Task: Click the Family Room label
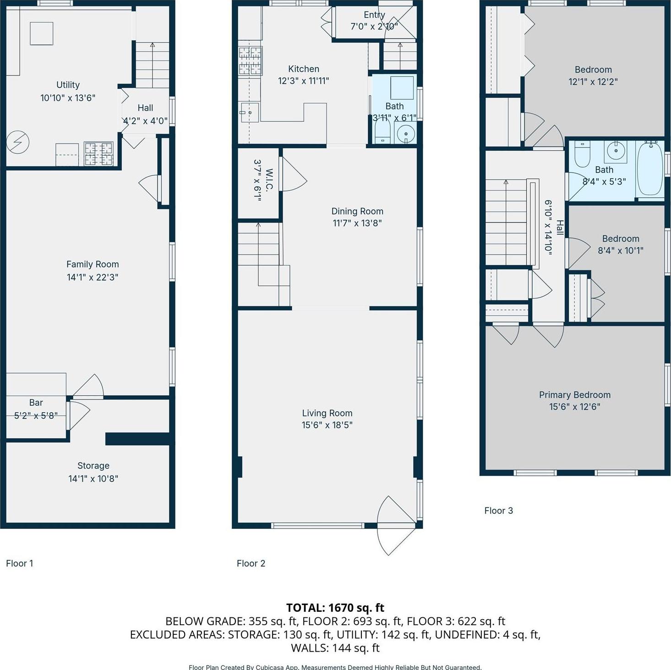93,264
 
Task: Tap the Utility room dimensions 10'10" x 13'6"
68,98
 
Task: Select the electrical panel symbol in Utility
17,142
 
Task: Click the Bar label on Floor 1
36,403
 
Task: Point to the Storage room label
93,466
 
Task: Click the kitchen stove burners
250,60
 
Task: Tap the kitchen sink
250,113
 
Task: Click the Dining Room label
357,211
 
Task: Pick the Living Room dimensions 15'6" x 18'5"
327,425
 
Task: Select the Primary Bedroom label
574,395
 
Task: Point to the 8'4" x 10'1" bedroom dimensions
621,251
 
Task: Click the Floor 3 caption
498,511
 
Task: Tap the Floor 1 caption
20,563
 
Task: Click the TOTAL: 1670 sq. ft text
335,608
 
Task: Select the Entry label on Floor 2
374,15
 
